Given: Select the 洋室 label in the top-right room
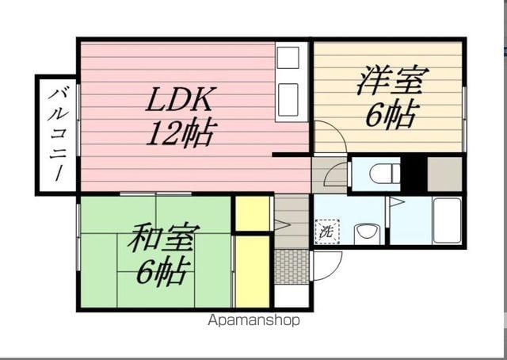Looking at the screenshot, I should point(392,81).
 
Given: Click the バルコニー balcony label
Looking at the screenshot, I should point(57,134).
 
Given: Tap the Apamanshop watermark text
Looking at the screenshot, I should point(253,321).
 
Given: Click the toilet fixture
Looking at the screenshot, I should point(385,172).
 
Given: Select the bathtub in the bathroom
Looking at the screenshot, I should point(447,220).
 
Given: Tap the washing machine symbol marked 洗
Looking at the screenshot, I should point(326,233).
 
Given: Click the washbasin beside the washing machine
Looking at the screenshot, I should point(366,233).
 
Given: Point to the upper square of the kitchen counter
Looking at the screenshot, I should point(288,58).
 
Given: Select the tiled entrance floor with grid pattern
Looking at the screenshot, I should point(292,266).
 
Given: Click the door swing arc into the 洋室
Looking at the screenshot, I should point(330,136).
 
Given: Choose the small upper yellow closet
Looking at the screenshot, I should point(253,213).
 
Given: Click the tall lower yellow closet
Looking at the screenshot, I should point(253,270).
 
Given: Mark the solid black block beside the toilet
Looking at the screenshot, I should point(414,172).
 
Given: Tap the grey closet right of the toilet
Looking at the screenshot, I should point(444,173).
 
